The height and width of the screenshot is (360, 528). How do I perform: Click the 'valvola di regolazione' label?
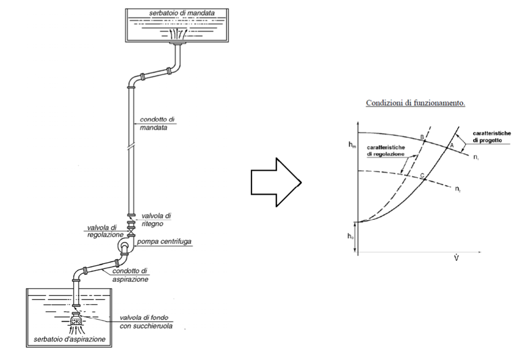pos(104,232)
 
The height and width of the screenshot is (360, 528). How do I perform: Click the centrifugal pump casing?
pos(124,245)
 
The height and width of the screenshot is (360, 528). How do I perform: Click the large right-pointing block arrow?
pos(275,185)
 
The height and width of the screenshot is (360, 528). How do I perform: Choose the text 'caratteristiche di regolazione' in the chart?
pos(389,152)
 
